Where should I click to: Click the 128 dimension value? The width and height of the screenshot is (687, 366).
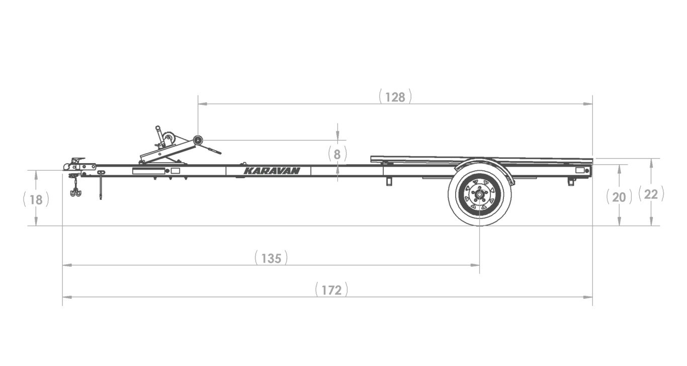pyautogui.click(x=395, y=97)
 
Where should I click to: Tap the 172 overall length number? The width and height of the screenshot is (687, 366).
pyautogui.click(x=331, y=290)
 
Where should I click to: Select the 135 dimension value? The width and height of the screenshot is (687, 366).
pyautogui.click(x=271, y=259)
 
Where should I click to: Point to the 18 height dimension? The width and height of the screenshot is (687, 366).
pyautogui.click(x=36, y=200)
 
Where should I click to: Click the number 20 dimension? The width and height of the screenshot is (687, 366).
pyautogui.click(x=619, y=197)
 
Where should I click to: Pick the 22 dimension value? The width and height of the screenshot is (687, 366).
pyautogui.click(x=651, y=194)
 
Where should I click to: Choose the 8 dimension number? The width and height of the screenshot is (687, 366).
pyautogui.click(x=337, y=155)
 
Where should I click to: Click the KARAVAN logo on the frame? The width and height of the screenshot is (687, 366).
pyautogui.click(x=272, y=171)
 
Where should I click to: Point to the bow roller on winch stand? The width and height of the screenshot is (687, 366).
pyautogui.click(x=198, y=140)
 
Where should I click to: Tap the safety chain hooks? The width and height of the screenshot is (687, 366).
pyautogui.click(x=75, y=192)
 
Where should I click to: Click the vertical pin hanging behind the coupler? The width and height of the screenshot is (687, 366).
pyautogui.click(x=101, y=186)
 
